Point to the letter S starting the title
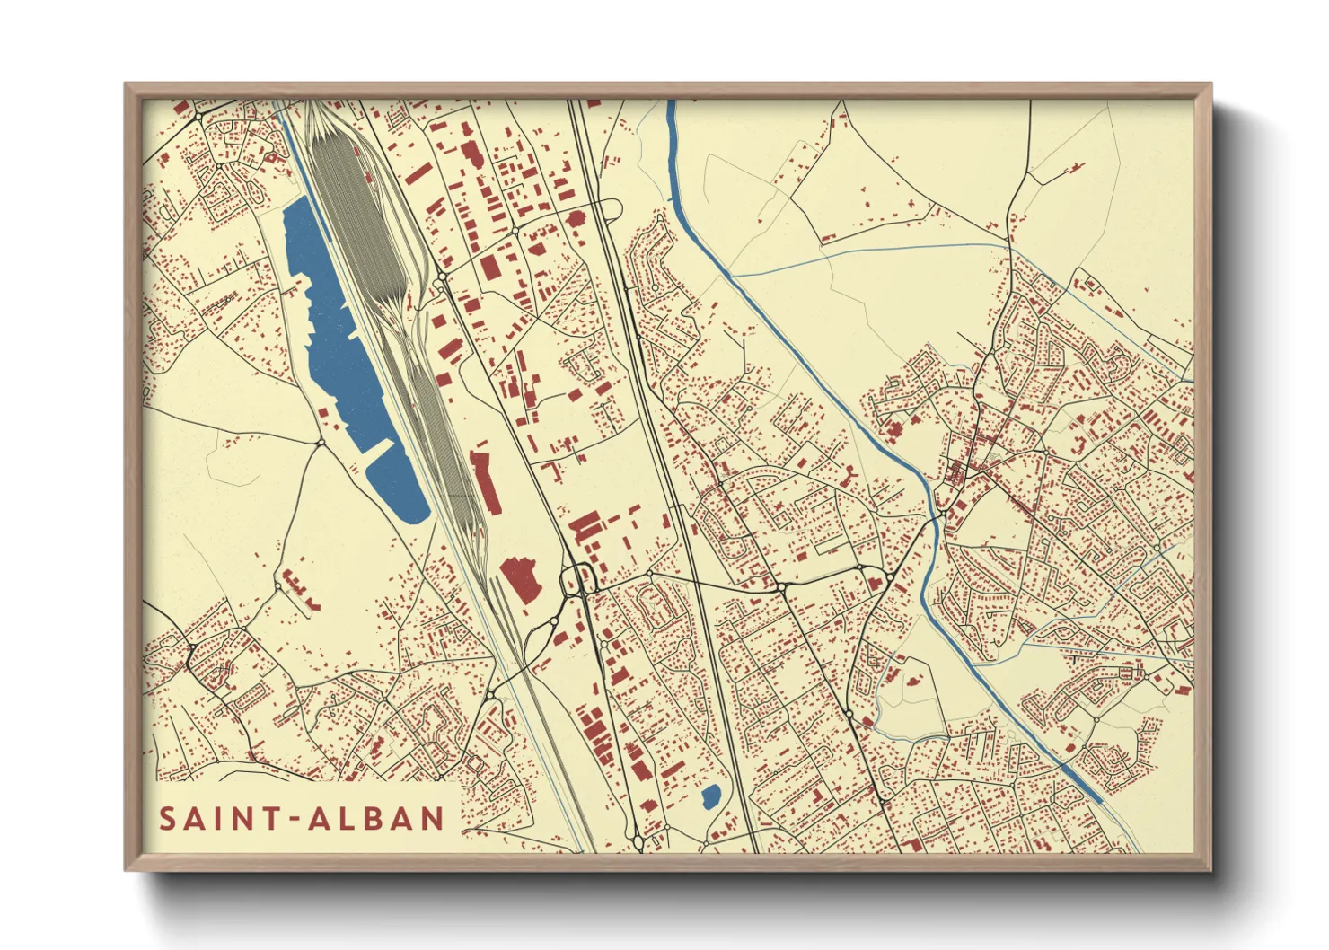(167, 818)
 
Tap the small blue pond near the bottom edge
(710, 796)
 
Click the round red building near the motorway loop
(576, 217)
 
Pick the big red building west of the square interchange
(520, 579)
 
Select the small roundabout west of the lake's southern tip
(321, 442)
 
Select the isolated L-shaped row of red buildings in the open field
(300, 589)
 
